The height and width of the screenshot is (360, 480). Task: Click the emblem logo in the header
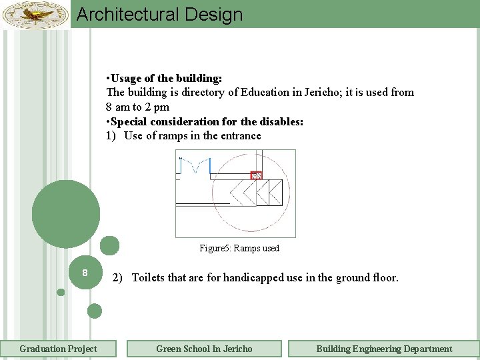pyautogui.click(x=35, y=15)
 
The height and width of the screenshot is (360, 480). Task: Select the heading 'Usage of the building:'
pyautogui.click(x=167, y=78)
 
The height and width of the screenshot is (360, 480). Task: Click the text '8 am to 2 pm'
pyautogui.click(x=137, y=107)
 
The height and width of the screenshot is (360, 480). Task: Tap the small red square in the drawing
pyautogui.click(x=256, y=175)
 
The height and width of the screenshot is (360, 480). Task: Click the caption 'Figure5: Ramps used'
pyautogui.click(x=239, y=248)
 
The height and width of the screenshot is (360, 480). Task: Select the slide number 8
pyautogui.click(x=85, y=273)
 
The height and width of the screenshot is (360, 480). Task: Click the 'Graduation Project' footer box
pyautogui.click(x=58, y=349)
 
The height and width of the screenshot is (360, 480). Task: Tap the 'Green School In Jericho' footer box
pyautogui.click(x=204, y=349)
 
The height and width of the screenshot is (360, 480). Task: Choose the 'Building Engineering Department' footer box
pyautogui.click(x=384, y=349)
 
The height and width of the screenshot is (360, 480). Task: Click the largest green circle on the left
pyautogui.click(x=65, y=214)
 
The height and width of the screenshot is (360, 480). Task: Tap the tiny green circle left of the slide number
pyautogui.click(x=61, y=292)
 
